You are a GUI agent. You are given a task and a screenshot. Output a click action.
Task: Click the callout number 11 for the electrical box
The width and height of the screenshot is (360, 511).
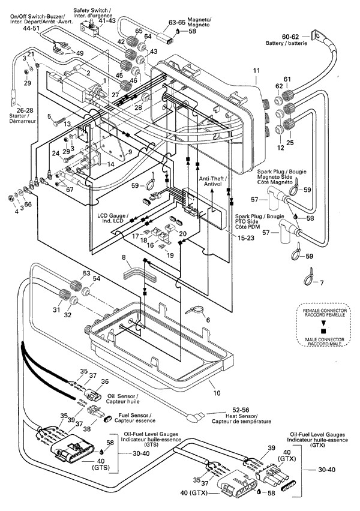coord(256,71)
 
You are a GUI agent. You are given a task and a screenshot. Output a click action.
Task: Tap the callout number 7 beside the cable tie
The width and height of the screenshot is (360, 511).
coord(322,282)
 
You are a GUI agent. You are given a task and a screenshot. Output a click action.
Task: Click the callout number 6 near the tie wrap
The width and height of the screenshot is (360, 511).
coord(208,320)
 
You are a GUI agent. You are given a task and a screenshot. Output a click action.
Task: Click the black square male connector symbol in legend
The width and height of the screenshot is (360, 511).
coord(324,331)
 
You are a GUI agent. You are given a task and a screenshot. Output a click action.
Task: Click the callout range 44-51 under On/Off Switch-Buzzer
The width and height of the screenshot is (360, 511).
coord(31,28)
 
